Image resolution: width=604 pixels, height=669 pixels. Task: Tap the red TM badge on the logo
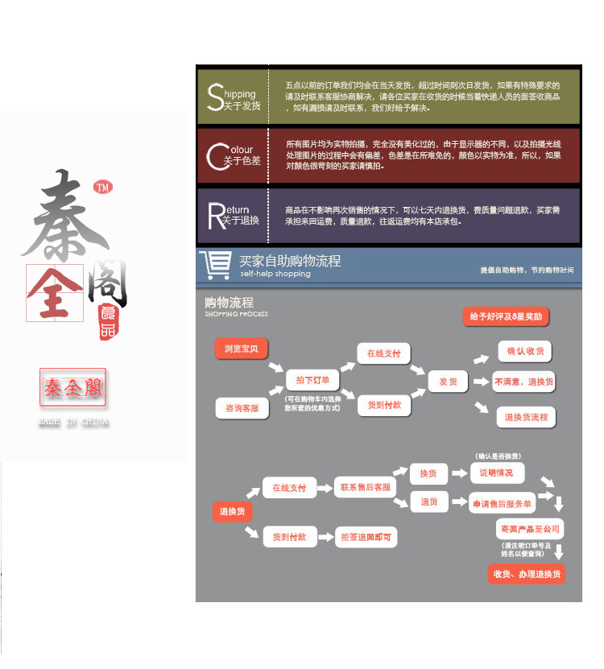[x=102, y=188]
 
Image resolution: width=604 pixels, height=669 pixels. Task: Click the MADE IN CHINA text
[x=73, y=422]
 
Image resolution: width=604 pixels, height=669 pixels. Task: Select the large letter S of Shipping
[x=214, y=97]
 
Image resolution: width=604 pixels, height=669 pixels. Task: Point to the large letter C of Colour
[x=215, y=156]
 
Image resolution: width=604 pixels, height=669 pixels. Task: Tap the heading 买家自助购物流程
[x=290, y=261]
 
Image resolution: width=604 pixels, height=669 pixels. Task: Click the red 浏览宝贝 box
[x=242, y=349]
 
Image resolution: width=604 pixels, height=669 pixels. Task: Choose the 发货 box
[x=448, y=382]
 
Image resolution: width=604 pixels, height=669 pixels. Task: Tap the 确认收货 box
[x=525, y=351]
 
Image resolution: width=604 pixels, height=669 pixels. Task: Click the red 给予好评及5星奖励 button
[x=506, y=316]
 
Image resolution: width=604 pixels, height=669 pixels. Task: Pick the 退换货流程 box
[x=526, y=417]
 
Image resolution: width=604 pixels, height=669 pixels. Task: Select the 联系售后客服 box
[x=365, y=487]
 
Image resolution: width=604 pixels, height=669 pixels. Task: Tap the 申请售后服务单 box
[x=503, y=504]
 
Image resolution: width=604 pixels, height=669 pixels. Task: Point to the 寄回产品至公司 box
[x=529, y=529]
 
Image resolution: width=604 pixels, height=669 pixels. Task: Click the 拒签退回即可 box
[x=365, y=537]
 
